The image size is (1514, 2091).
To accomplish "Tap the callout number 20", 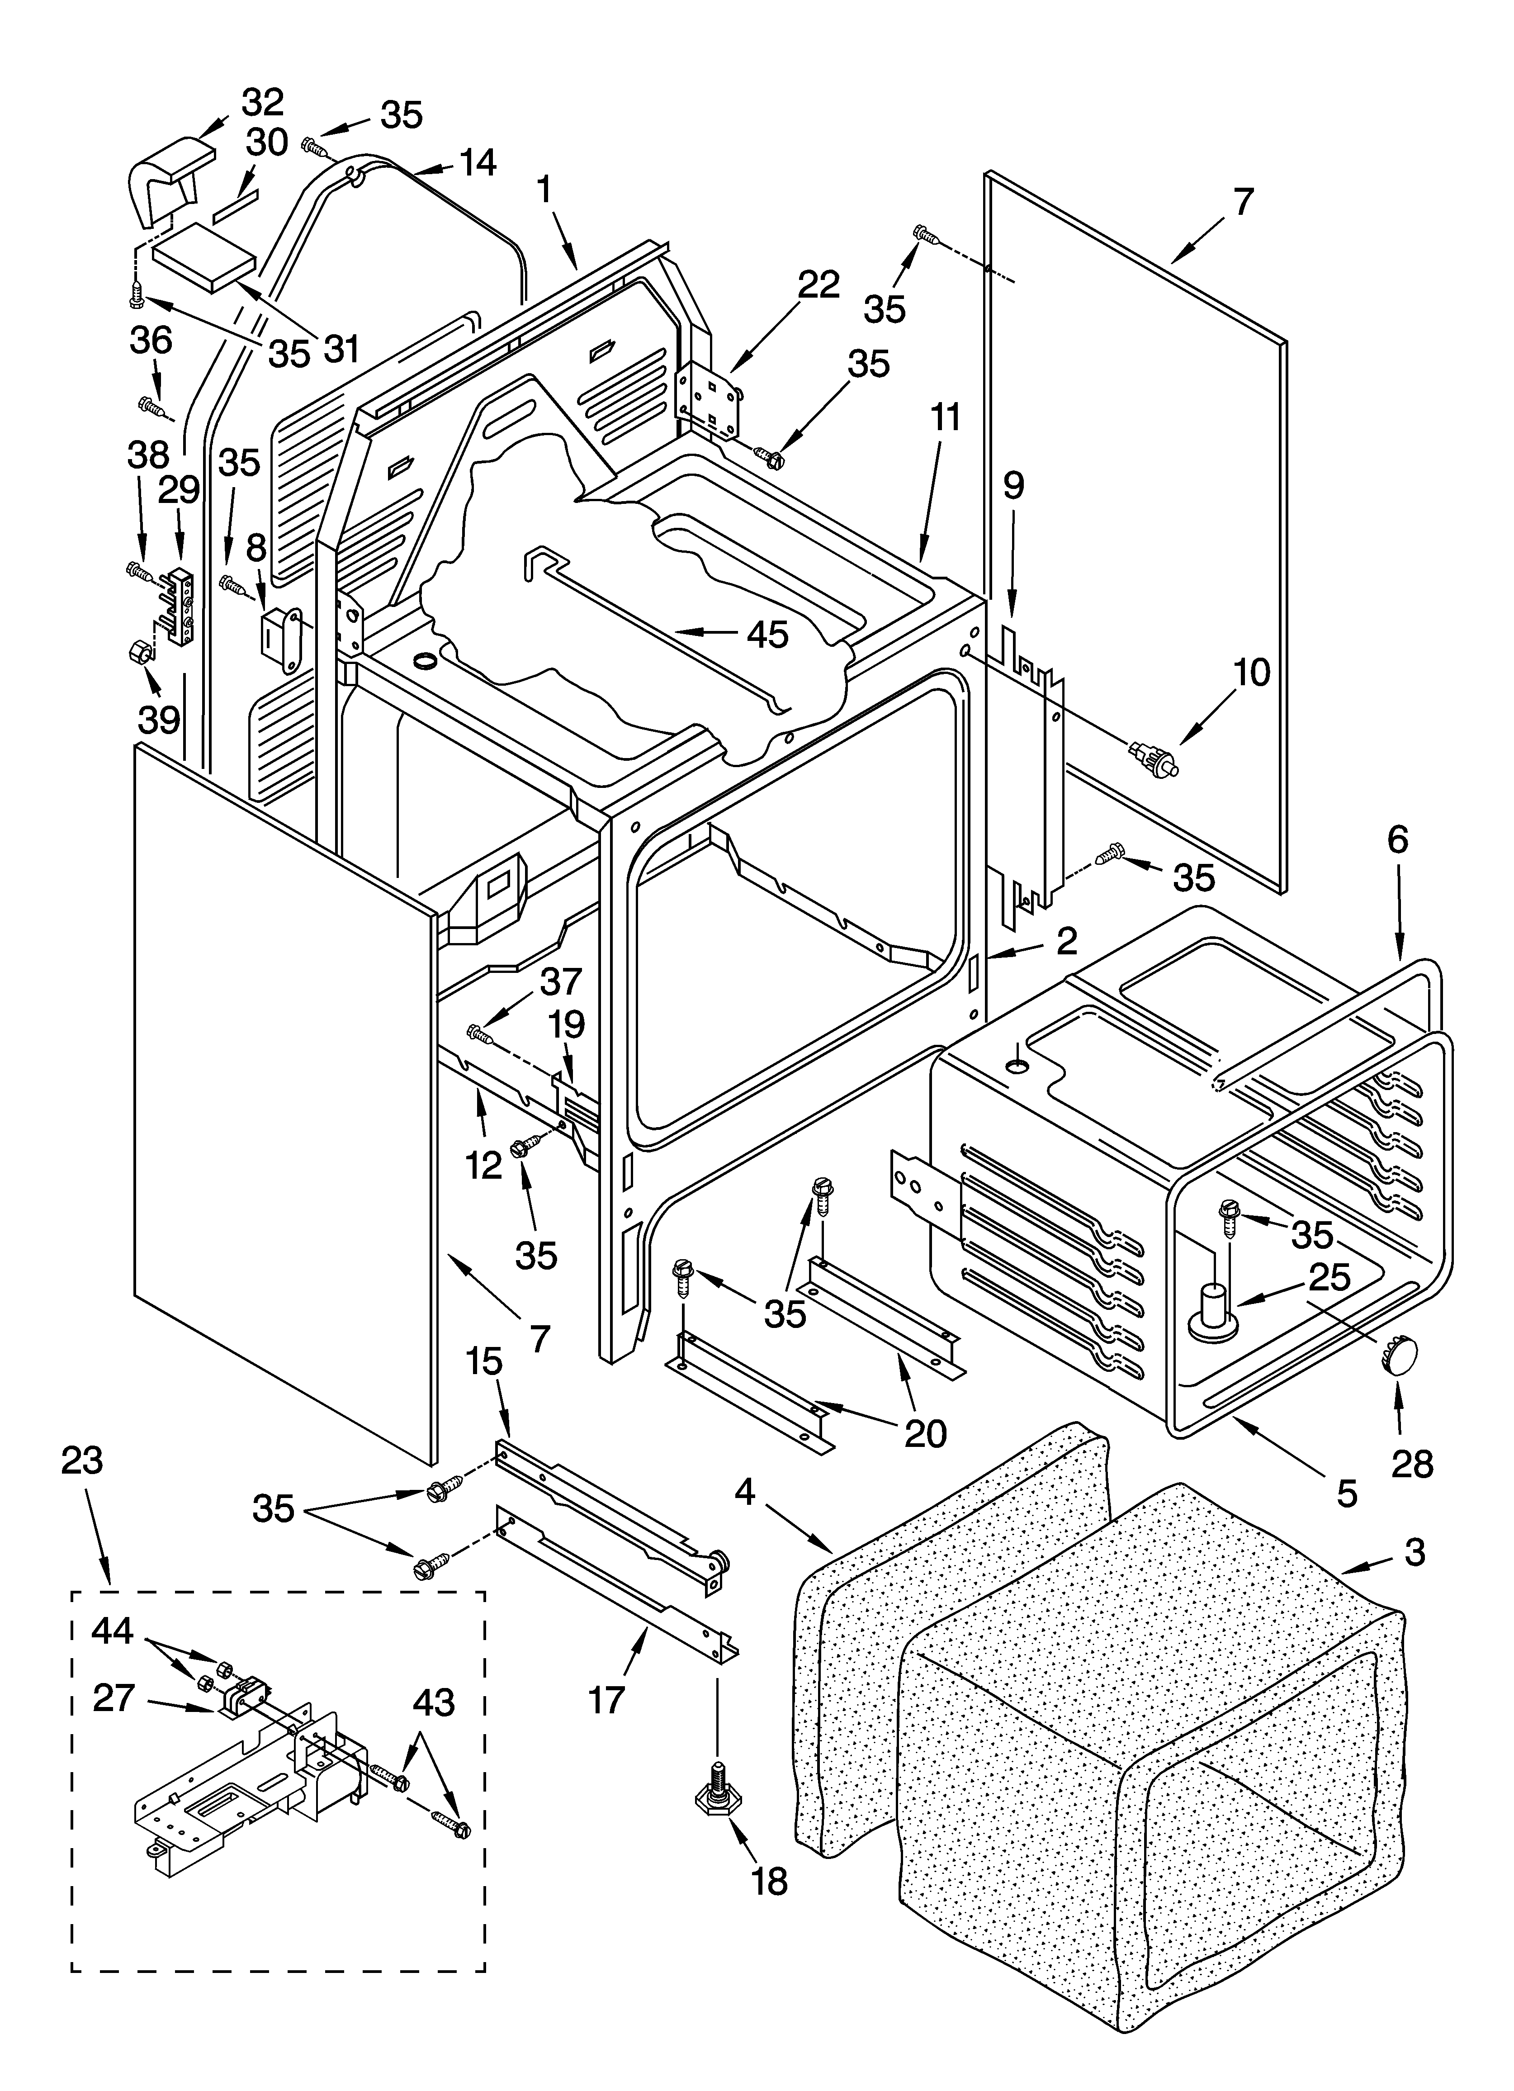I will coord(925,1432).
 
